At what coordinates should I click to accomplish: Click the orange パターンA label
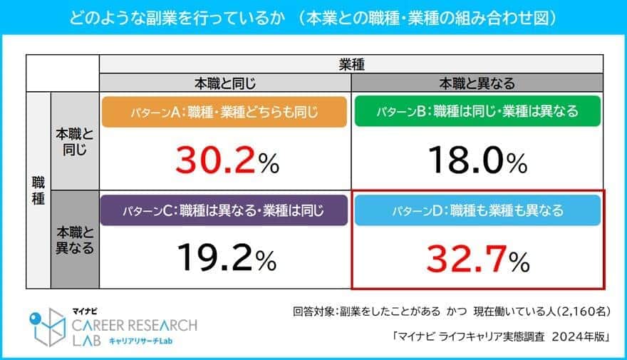(x=224, y=112)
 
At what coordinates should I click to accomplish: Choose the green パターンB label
(x=477, y=112)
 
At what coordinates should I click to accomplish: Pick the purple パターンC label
(x=224, y=210)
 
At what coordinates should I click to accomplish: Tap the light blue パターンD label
(x=477, y=210)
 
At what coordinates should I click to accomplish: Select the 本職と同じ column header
(x=224, y=83)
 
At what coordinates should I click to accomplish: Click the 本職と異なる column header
(x=477, y=83)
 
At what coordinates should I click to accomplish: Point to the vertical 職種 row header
(x=38, y=191)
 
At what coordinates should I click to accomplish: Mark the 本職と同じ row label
(x=75, y=141)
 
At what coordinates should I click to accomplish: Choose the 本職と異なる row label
(x=75, y=240)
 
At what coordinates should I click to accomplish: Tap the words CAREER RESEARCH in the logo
(x=135, y=325)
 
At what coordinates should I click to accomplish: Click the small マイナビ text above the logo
(x=85, y=311)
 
